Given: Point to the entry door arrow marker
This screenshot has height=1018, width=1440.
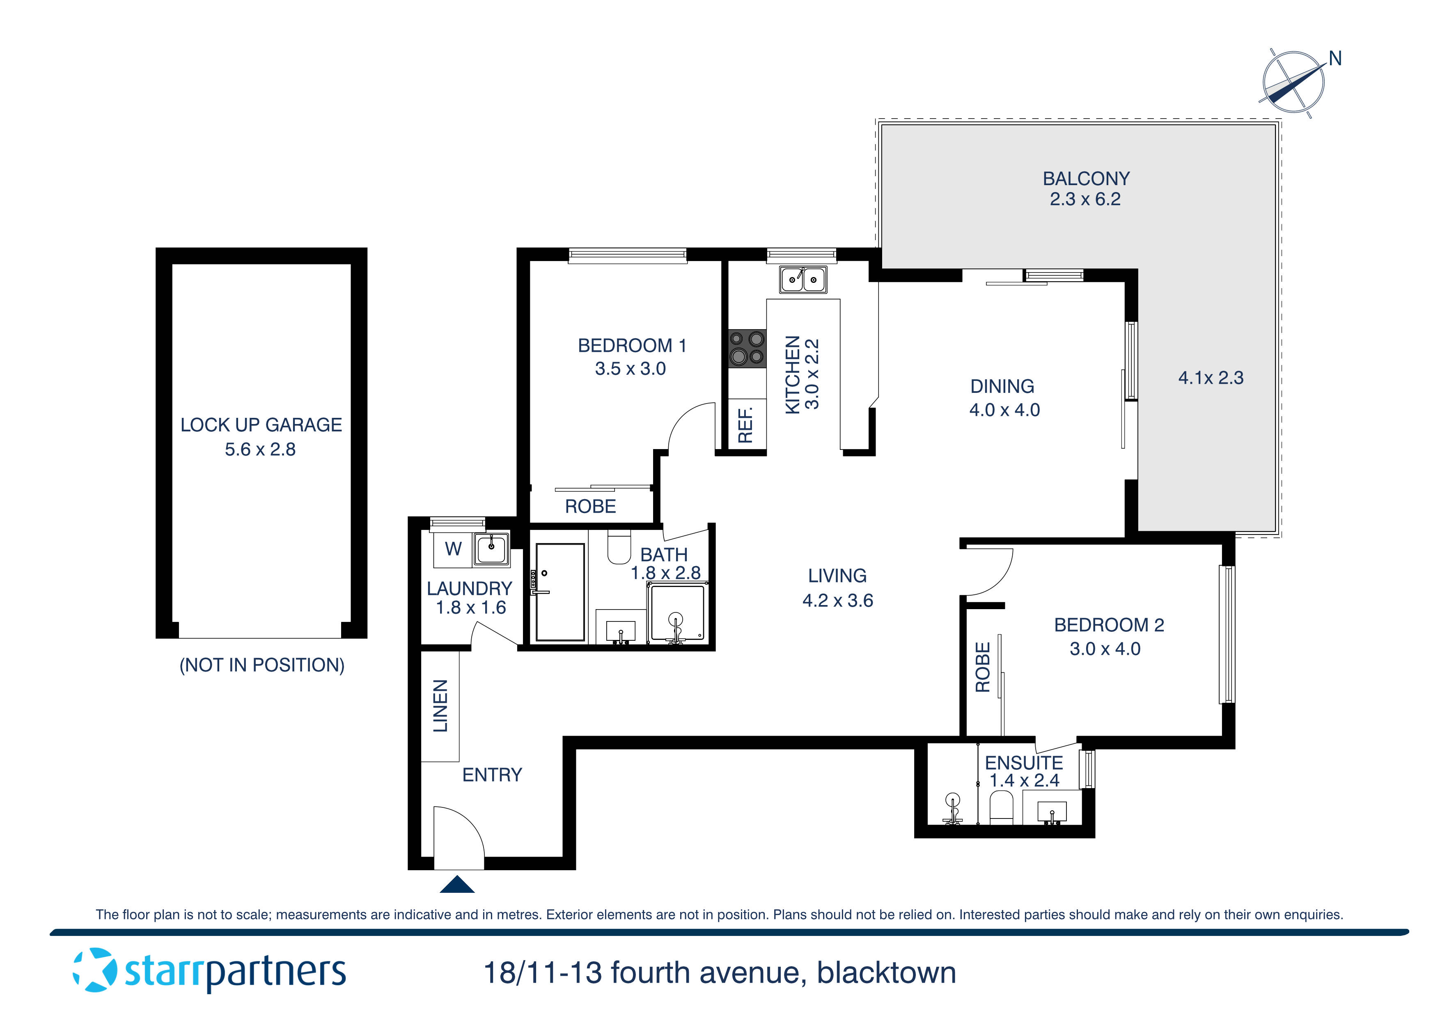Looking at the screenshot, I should [x=457, y=885].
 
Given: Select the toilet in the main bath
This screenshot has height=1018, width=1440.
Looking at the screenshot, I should [x=619, y=548].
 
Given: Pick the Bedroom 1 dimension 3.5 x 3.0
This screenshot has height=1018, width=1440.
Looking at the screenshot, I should [x=631, y=369].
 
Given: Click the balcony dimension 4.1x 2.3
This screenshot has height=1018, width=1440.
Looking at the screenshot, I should [x=1211, y=378].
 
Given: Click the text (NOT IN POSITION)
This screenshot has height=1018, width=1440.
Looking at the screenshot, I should [x=262, y=665].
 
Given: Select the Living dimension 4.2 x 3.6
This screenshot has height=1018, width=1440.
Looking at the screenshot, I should [x=837, y=600].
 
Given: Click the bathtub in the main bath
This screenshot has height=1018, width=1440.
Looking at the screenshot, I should [x=560, y=592].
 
